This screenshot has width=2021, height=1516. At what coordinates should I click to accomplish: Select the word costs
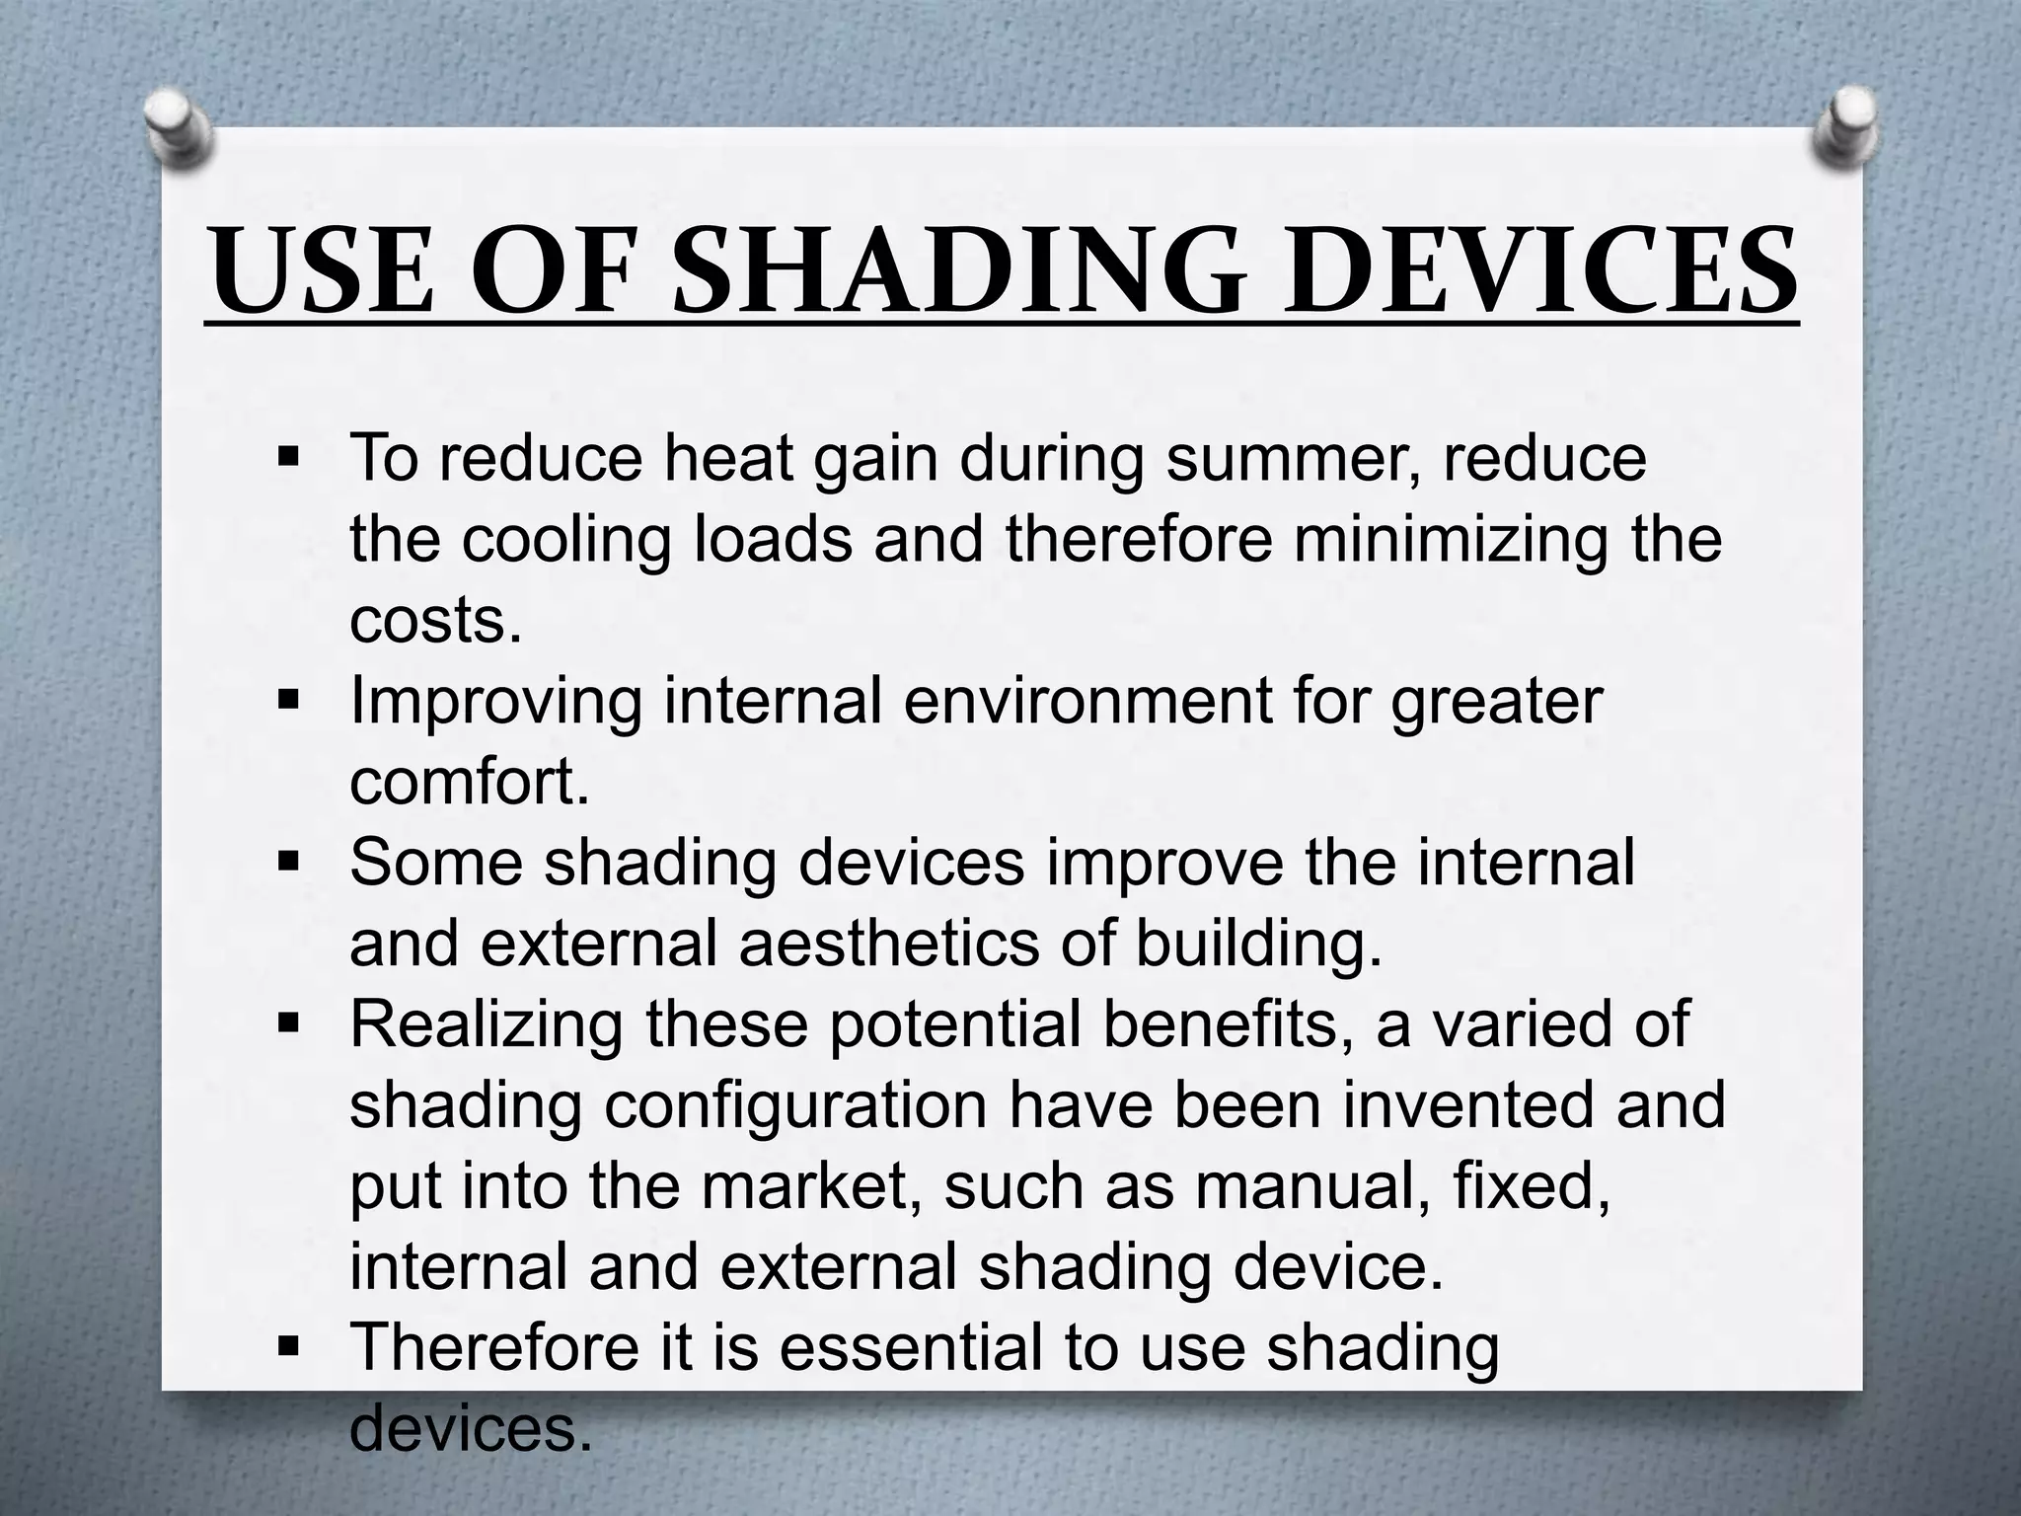click(435, 622)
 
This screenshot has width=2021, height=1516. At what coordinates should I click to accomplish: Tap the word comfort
click(469, 783)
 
